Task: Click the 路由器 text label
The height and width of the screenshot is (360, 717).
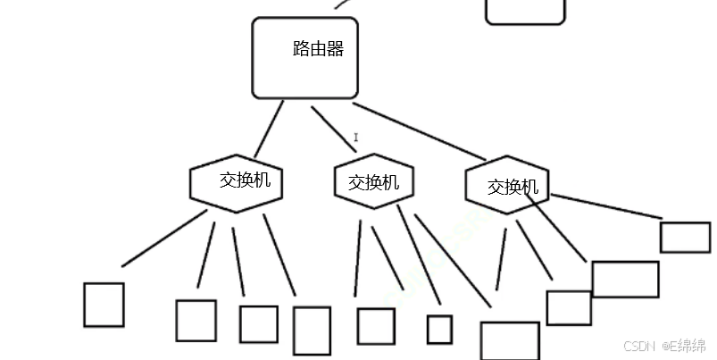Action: click(x=318, y=49)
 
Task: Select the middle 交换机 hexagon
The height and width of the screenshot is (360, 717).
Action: click(x=373, y=182)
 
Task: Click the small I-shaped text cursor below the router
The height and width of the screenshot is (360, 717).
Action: click(x=356, y=138)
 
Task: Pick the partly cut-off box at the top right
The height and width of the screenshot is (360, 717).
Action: click(x=525, y=11)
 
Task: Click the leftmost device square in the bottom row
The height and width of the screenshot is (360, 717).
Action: click(x=104, y=305)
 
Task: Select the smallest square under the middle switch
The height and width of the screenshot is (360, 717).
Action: click(x=439, y=330)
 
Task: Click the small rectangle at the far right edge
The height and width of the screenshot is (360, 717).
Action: click(x=685, y=237)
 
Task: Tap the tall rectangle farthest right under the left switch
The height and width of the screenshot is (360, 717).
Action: click(x=312, y=331)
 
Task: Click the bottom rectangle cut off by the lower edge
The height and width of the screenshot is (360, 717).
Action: click(x=510, y=340)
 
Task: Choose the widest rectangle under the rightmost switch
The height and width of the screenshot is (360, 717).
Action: click(x=625, y=279)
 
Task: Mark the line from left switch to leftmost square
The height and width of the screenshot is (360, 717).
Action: click(x=165, y=239)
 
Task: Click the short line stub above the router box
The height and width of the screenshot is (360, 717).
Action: click(x=341, y=4)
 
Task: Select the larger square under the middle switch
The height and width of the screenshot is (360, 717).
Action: click(x=376, y=326)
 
